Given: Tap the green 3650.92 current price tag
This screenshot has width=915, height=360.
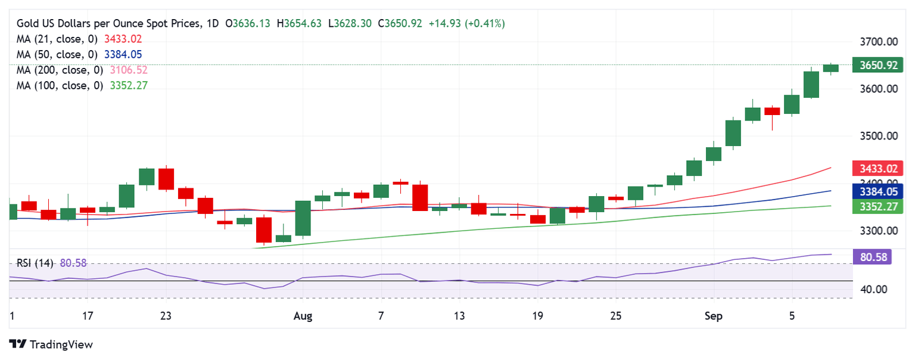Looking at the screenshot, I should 874,65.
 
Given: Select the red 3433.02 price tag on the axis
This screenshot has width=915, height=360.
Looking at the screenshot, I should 874,168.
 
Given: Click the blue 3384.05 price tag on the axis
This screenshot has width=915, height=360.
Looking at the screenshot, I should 874,191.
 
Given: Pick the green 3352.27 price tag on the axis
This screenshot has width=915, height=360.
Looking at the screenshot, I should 874,206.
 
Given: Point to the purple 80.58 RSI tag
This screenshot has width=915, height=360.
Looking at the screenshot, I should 873,257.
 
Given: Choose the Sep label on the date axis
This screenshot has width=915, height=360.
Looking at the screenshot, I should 713,316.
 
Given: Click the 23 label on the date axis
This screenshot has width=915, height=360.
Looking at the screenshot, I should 166,316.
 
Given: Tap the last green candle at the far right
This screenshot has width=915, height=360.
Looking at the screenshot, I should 831,68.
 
